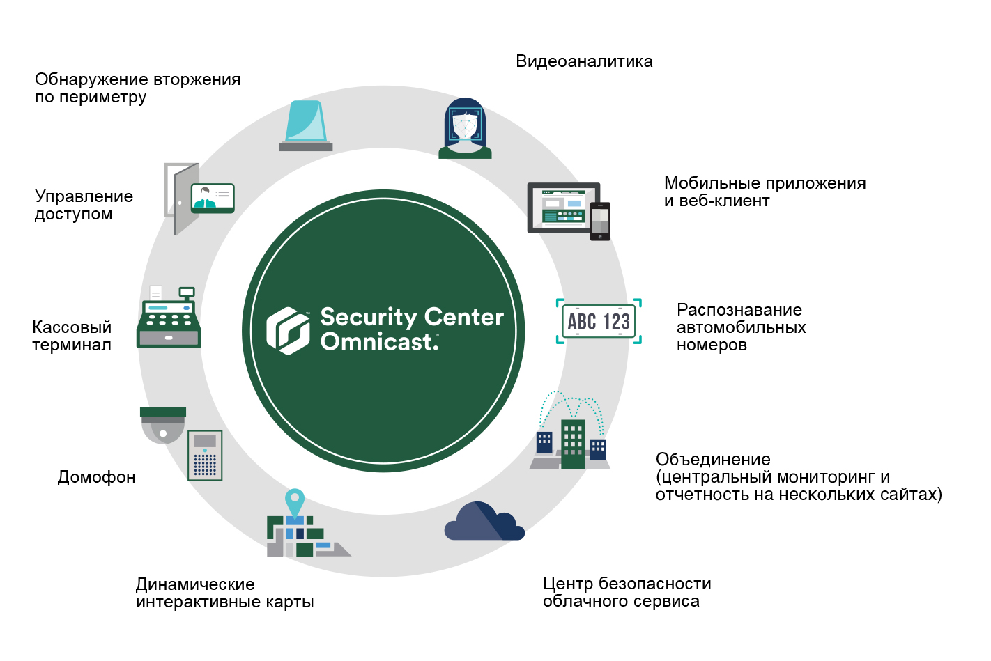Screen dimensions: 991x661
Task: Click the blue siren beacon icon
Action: tap(306, 125)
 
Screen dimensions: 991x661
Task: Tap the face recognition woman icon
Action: tap(465, 128)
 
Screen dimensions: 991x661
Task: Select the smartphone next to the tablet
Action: tap(600, 221)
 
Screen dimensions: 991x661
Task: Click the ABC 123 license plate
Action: tap(599, 321)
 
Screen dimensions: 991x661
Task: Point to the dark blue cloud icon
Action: tap(484, 521)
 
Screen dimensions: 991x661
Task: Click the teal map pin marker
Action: tap(295, 501)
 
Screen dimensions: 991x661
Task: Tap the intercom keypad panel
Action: tap(205, 456)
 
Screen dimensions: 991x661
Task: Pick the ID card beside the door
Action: tap(213, 198)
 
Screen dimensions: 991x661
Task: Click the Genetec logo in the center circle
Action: tap(288, 331)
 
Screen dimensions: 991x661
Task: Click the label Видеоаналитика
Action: tap(584, 61)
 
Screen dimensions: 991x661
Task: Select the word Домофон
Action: tap(96, 478)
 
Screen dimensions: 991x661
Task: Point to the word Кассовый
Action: tap(72, 327)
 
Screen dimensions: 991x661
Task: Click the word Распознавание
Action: tap(739, 310)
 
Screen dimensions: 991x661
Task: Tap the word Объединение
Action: tap(713, 460)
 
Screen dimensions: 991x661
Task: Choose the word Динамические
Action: tap(195, 584)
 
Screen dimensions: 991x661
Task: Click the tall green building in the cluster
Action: tap(573, 444)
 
